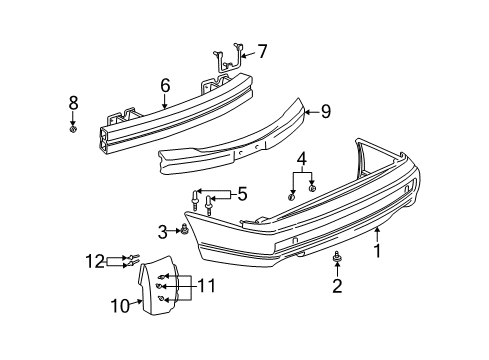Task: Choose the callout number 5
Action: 239,194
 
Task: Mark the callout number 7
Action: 263,50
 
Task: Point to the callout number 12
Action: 94,261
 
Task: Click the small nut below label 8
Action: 73,127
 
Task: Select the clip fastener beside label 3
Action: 184,231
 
